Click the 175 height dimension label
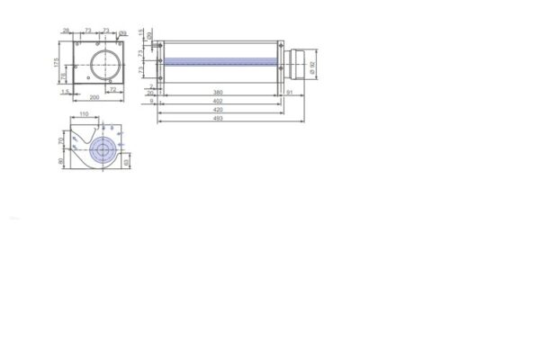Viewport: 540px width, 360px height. pyautogui.click(x=56, y=63)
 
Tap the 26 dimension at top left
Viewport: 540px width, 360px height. pyautogui.click(x=66, y=31)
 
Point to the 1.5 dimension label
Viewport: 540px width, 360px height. pyautogui.click(x=66, y=92)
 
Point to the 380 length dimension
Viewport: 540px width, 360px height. pyautogui.click(x=219, y=92)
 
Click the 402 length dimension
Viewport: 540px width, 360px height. pyautogui.click(x=219, y=101)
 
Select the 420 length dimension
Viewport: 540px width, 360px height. pyautogui.click(x=219, y=109)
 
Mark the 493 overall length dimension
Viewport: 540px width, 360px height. pyautogui.click(x=219, y=118)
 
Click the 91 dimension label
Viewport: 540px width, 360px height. pyautogui.click(x=289, y=92)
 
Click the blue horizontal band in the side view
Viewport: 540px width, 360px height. pyautogui.click(x=220, y=62)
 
